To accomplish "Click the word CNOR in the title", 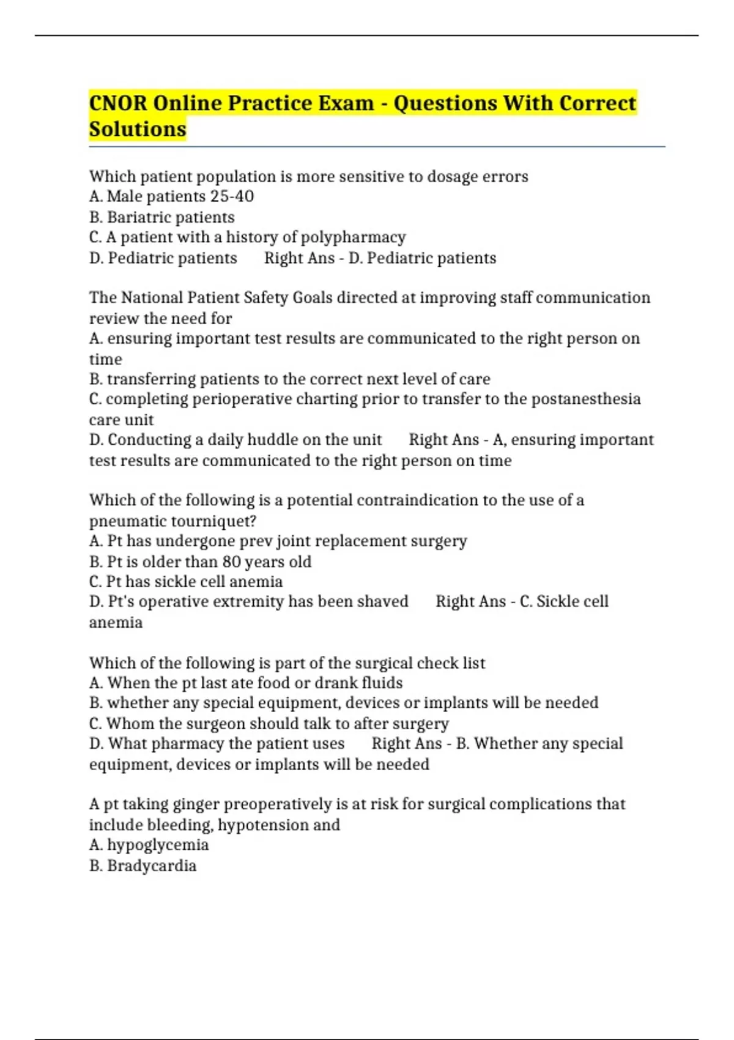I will [118, 103].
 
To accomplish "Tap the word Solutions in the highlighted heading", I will [138, 129].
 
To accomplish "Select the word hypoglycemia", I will [158, 845].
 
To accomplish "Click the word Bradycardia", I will [152, 866].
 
